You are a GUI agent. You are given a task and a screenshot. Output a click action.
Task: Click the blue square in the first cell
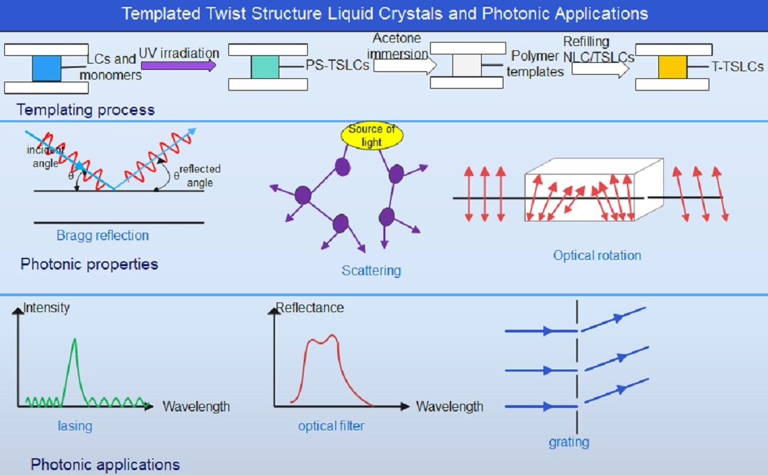tap(47, 68)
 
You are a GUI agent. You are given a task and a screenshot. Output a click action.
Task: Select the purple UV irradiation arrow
tap(178, 66)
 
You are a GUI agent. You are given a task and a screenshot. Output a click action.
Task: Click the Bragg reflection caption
tap(103, 235)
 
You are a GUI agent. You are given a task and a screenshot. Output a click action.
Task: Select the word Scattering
tap(371, 270)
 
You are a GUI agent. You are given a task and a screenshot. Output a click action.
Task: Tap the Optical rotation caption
tap(597, 255)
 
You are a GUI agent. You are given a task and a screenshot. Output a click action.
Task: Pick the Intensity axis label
tap(47, 307)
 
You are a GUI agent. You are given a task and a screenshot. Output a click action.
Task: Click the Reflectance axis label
tap(310, 307)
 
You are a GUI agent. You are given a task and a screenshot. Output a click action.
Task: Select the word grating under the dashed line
tap(569, 441)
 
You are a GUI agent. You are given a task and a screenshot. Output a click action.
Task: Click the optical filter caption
tap(331, 425)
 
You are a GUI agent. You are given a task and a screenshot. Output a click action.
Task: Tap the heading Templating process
tap(85, 110)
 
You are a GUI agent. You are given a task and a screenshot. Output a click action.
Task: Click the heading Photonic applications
tap(105, 465)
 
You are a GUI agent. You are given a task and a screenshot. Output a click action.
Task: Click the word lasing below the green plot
tap(75, 425)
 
